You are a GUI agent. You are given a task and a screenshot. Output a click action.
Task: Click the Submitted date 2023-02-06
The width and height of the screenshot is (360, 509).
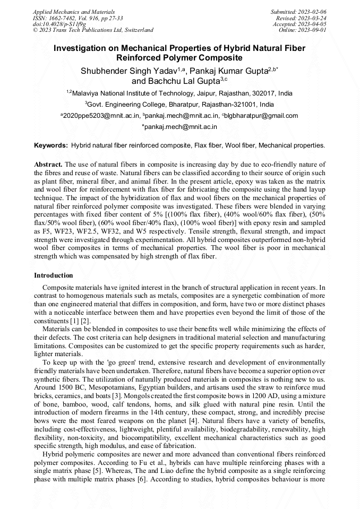[313, 11]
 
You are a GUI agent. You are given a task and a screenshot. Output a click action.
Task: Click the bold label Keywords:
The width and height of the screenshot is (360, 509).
[51, 145]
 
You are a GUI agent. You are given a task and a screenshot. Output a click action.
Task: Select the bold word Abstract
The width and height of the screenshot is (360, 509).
[48, 165]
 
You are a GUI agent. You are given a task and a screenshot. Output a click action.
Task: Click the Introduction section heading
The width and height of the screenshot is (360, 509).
[54, 275]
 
